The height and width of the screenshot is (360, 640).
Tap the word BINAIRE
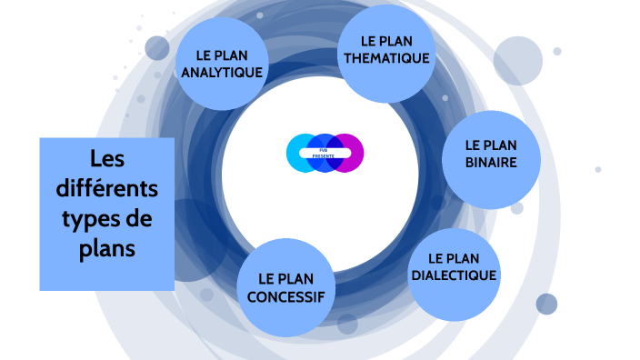tap(490, 163)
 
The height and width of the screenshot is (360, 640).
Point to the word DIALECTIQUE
tap(453, 275)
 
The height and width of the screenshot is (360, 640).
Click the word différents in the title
tap(106, 189)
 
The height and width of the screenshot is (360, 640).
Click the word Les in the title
tap(106, 160)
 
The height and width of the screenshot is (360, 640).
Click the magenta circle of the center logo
tap(349, 153)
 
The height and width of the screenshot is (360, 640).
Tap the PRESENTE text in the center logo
tap(324, 156)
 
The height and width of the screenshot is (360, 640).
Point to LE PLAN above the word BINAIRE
tap(490, 145)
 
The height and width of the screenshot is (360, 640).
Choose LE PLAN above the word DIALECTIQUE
tap(453, 258)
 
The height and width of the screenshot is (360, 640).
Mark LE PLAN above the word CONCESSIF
tap(285, 278)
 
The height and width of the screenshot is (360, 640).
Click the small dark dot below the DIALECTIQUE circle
tap(546, 304)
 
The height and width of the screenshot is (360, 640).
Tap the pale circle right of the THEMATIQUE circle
tap(517, 59)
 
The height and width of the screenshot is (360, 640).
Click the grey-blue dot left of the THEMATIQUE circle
tap(157, 47)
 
